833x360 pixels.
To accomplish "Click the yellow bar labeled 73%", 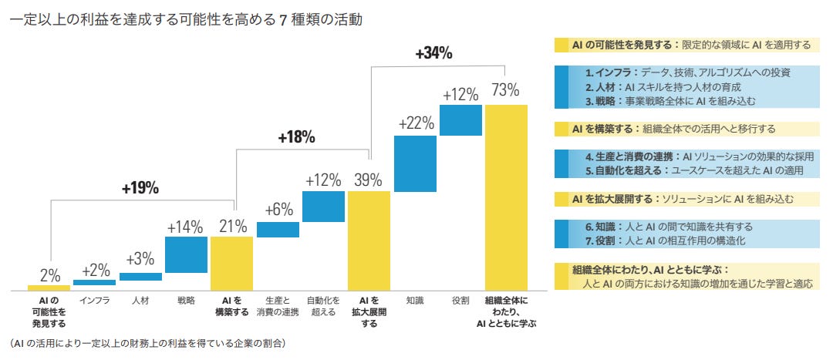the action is (x=506, y=197).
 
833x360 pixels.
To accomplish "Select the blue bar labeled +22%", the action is (x=415, y=163).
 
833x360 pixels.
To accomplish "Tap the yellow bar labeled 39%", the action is (x=369, y=241).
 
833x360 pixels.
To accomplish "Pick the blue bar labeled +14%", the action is (x=186, y=254).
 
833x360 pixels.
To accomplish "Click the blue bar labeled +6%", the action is (x=278, y=230).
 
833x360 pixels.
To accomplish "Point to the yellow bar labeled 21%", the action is (x=231, y=264).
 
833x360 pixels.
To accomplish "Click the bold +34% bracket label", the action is (x=433, y=53).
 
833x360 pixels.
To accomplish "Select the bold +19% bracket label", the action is (x=140, y=189).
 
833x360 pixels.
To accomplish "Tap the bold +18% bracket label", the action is (x=296, y=137).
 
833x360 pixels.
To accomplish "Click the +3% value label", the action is (x=140, y=260).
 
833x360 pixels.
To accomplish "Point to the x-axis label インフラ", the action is (x=95, y=301).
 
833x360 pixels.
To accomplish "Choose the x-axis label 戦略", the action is (x=186, y=301).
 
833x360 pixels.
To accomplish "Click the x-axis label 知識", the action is (x=415, y=301).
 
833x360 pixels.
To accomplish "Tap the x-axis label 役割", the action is (x=460, y=301).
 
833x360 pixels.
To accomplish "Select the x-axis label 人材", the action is (x=140, y=301).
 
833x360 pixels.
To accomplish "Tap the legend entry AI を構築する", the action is (x=673, y=129).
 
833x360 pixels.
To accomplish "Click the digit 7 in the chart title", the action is (x=283, y=21).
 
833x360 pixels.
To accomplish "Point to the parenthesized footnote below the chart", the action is (x=147, y=343).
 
